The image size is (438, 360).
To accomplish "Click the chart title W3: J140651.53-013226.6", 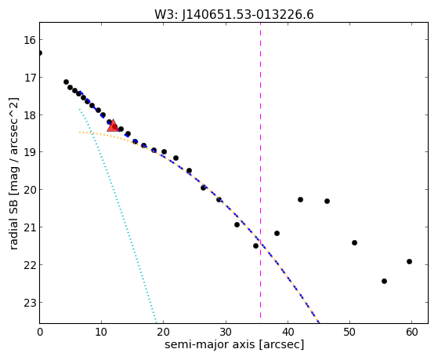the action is point(234,14).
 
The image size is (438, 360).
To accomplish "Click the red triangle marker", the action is point(113,125).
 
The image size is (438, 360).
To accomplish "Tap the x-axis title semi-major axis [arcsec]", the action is point(234,344).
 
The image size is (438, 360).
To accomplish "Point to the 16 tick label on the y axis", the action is point(30,40).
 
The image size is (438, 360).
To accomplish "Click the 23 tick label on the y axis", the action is point(30,303).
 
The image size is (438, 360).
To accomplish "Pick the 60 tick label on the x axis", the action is point(411,332).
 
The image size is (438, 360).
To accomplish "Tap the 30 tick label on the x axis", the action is point(226,332).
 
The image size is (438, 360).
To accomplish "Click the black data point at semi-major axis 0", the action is point(40,53).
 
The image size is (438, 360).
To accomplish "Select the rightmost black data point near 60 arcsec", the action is point(409,261).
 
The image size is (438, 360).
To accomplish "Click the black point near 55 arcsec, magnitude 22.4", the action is point(384,281).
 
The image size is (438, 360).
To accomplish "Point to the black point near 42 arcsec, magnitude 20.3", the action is point(300,199).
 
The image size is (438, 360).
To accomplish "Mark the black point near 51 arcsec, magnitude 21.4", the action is point(354,242).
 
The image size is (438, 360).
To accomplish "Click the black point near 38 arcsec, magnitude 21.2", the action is point(277,233).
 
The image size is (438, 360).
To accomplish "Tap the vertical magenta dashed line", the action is point(261,171).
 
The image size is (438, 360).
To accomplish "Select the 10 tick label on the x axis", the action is point(101,332).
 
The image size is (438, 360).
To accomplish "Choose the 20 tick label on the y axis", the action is point(30,190).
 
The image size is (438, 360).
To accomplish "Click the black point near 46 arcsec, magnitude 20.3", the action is point(327,201).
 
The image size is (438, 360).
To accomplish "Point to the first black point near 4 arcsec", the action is point(66,82).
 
